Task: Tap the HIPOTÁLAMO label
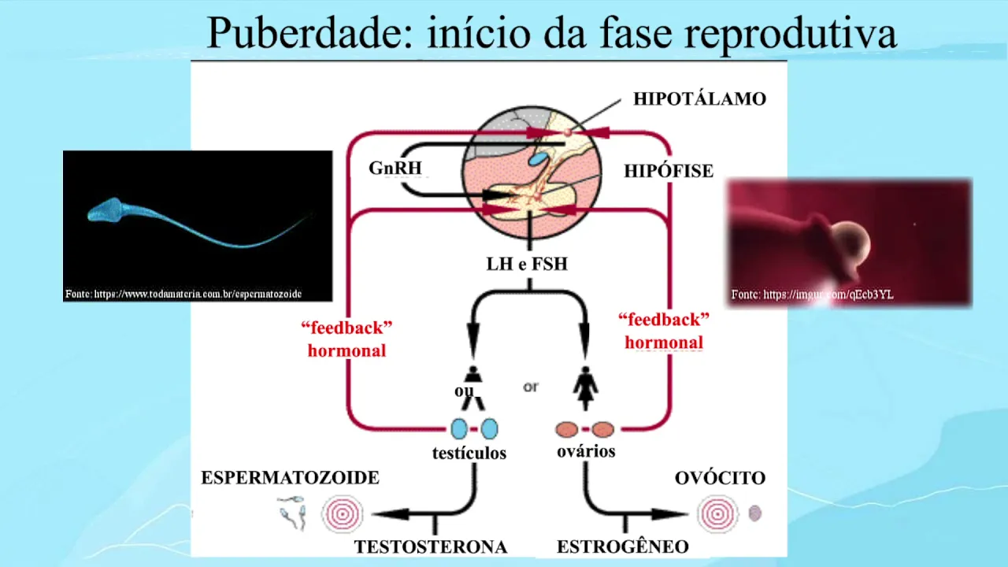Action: (699, 99)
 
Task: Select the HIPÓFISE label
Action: (669, 171)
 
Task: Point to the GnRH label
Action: (395, 169)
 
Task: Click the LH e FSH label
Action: (527, 265)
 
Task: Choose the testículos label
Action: (469, 454)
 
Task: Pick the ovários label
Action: (585, 452)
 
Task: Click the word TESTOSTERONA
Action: (430, 547)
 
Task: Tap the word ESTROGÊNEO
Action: (622, 547)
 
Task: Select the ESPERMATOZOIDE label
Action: (290, 478)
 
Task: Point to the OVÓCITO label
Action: (720, 478)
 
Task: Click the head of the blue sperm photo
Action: (103, 209)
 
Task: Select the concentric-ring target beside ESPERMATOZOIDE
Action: (343, 514)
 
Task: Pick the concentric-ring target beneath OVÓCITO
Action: (717, 514)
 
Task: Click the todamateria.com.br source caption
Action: (183, 294)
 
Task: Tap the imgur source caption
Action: (812, 295)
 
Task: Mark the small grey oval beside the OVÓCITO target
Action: (754, 513)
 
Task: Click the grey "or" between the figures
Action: (531, 387)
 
